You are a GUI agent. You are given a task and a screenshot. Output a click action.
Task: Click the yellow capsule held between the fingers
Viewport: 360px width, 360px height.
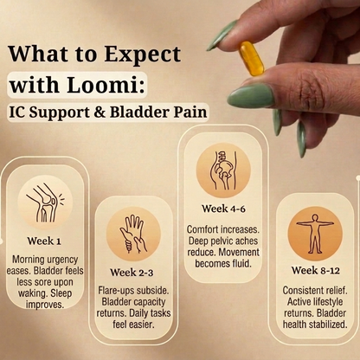tap(252, 59)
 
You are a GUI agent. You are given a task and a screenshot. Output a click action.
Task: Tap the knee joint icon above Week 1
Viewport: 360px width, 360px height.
tap(45, 202)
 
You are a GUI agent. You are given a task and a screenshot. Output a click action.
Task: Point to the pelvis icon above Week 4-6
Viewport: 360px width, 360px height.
tap(223, 170)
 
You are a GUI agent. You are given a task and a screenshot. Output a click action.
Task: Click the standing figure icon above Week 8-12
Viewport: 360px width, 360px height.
tap(315, 234)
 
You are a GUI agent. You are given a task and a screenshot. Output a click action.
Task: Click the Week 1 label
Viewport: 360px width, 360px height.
tap(44, 241)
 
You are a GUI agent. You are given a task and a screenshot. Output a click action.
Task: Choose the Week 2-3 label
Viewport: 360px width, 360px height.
tap(132, 273)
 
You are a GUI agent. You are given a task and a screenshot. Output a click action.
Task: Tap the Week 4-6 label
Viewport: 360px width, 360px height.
tap(223, 209)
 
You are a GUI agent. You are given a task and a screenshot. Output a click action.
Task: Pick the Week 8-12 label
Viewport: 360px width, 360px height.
tap(315, 270)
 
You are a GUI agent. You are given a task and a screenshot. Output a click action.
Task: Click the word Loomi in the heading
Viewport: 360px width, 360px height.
tap(106, 85)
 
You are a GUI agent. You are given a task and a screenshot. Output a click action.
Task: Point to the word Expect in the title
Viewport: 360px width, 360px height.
tap(143, 55)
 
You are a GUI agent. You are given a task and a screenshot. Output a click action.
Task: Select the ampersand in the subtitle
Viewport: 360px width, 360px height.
tap(100, 112)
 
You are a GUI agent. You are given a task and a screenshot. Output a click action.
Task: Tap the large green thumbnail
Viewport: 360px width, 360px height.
tap(251, 96)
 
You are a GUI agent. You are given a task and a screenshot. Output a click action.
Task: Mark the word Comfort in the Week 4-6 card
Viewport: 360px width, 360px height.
tap(202, 229)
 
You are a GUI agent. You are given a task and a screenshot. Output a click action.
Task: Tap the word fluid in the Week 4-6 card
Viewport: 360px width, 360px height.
tap(241, 263)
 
